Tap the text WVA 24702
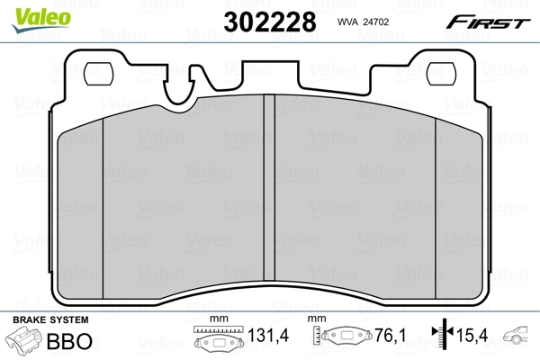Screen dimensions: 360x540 [x=364, y=19]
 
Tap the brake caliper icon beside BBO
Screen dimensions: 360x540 [x=24, y=341]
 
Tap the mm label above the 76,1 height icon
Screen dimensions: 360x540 [x=317, y=320]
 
